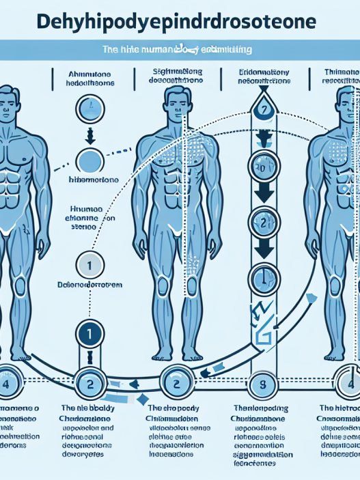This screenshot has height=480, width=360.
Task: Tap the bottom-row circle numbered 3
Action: pos(262,383)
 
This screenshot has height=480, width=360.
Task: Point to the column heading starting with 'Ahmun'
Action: pos(90,77)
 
